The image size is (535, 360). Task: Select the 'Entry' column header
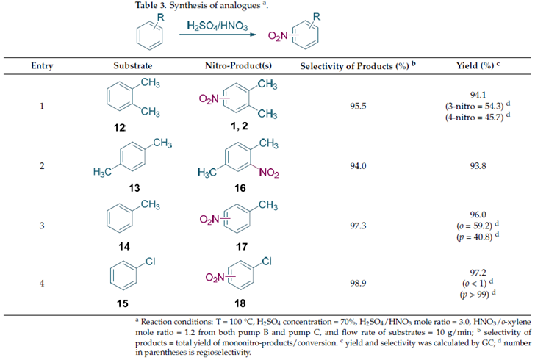tap(41, 66)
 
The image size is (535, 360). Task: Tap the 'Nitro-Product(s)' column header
tap(237, 66)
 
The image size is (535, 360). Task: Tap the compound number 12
tap(121, 128)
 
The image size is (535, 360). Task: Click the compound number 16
tap(237, 189)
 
